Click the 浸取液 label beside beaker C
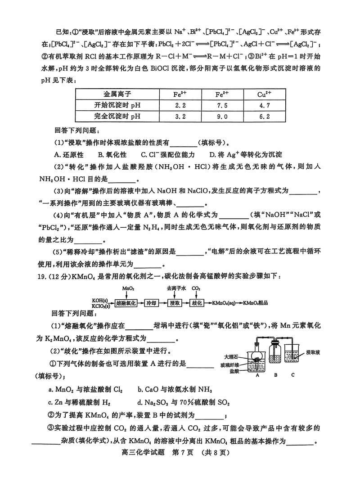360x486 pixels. [314, 351]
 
